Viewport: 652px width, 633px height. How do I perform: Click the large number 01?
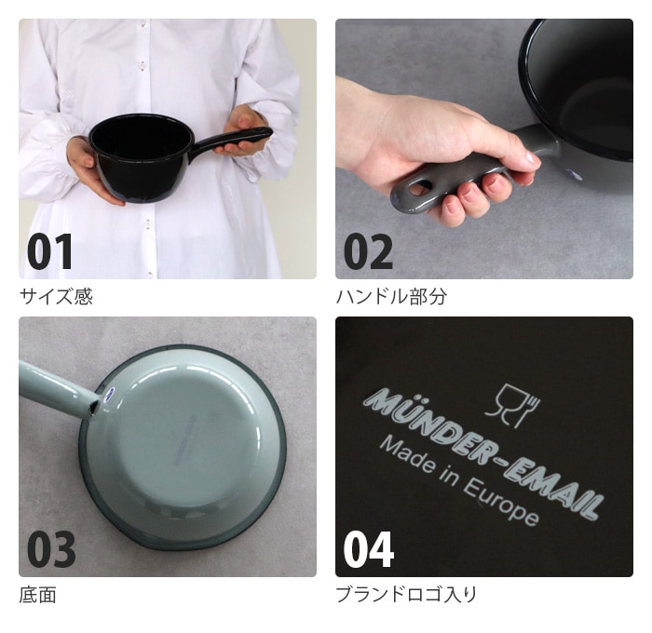pos(50,251)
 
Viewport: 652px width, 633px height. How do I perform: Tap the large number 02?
pos(368,251)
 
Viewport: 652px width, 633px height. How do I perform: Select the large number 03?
pos(51,549)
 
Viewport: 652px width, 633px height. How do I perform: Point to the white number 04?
pos(369,549)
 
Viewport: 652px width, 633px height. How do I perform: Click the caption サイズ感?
pos(56,296)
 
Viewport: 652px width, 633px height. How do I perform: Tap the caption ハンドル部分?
pos(392,296)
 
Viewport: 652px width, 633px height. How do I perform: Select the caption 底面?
pos(37,595)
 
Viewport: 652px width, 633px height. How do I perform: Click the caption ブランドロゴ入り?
pos(406,595)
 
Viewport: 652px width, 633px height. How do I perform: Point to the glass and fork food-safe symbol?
pos(512,406)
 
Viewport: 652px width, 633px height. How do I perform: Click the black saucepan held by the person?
pos(142,158)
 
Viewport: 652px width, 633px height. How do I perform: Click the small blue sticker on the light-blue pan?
pos(109,393)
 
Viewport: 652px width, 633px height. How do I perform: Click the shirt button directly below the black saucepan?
pos(147,224)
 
